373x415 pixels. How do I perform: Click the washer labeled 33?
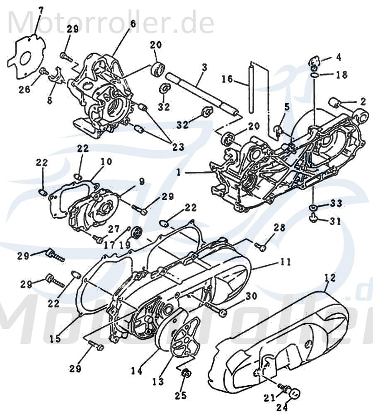[x=315, y=207]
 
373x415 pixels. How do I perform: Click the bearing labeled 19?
[x=136, y=234]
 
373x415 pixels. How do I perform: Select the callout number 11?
[x=285, y=262]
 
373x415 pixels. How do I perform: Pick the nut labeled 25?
[x=186, y=374]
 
